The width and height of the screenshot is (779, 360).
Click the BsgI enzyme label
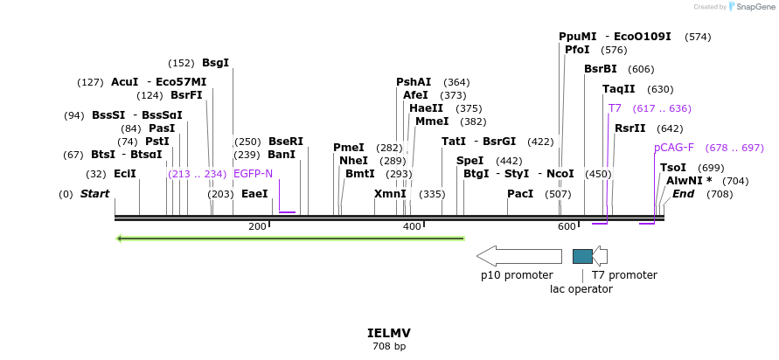point(215,63)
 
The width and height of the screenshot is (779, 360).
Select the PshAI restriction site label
point(414,82)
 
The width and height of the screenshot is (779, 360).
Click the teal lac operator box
point(582,256)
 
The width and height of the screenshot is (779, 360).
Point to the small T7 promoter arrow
point(600,256)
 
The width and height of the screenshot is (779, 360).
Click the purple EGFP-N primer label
point(253,174)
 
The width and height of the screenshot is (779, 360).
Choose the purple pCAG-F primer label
point(673,148)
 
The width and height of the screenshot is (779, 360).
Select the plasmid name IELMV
point(389,334)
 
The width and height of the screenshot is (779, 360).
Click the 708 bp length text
point(389,347)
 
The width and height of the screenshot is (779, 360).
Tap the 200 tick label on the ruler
point(257,227)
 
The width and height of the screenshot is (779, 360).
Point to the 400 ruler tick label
point(412,227)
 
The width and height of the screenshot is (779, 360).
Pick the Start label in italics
point(94,194)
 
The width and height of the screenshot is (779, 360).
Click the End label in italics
point(683,194)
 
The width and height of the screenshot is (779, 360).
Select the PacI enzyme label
point(520,194)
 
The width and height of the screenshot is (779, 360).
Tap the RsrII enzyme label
point(629,128)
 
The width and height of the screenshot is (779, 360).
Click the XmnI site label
point(390,194)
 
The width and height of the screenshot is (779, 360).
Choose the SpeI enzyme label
point(469,161)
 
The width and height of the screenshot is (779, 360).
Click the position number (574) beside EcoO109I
point(698,37)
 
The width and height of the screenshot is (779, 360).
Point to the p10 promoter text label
point(517,275)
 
